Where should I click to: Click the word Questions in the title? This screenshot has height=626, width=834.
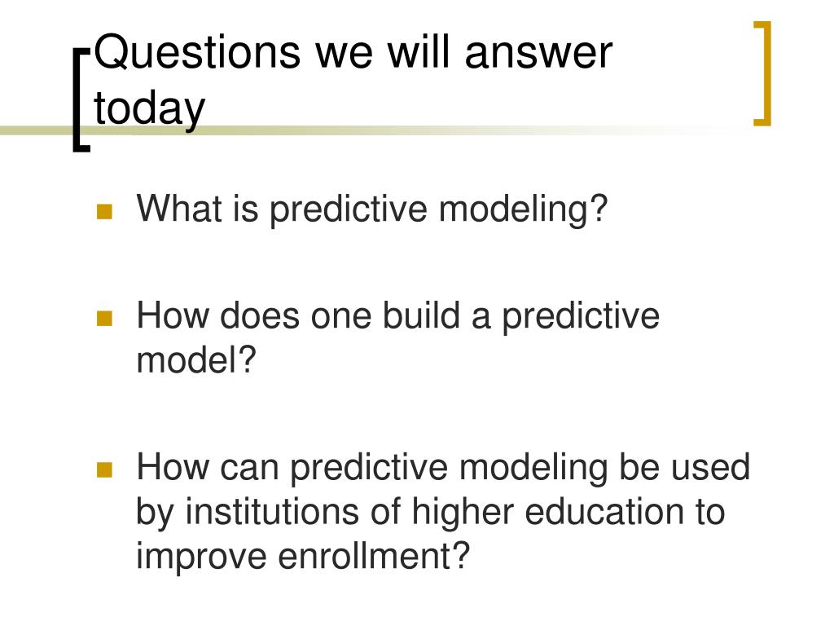coord(197,53)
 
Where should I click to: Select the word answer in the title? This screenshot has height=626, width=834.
coord(538,54)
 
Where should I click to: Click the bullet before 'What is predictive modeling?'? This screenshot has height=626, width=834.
coord(104,211)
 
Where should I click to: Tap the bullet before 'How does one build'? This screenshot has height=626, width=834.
coord(104,318)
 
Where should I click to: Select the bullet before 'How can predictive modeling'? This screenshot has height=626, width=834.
coord(104,469)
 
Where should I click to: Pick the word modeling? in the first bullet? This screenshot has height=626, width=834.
coord(523,210)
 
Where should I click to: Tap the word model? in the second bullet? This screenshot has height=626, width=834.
coord(196,359)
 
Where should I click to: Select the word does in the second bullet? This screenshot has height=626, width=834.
coord(260,315)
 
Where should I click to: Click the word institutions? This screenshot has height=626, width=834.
coord(271,511)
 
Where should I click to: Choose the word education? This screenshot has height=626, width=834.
coord(604,511)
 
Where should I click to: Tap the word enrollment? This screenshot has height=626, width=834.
coord(374,555)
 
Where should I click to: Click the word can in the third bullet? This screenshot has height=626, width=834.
coord(249,469)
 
